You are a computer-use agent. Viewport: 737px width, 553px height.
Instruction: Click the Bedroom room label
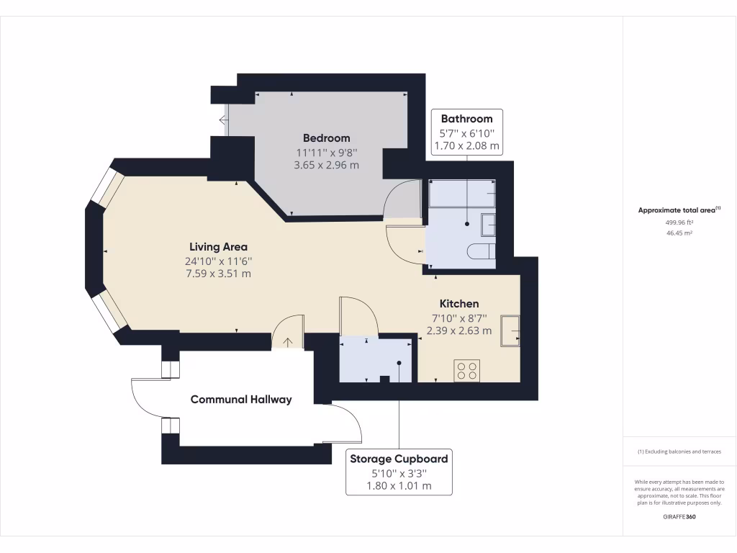[326, 138]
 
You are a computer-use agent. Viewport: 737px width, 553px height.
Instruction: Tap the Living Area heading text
[218, 247]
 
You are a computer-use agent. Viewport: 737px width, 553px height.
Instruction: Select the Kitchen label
[459, 304]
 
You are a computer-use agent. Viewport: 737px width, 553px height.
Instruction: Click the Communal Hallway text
[241, 400]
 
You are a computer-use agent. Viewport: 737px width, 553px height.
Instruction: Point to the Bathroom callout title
[466, 119]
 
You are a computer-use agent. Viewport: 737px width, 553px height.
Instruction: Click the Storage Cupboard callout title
[399, 459]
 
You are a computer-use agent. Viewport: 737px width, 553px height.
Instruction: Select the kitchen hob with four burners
[466, 370]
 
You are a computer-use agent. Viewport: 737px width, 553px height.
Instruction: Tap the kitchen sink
[510, 331]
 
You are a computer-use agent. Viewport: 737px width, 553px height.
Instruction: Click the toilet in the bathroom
[481, 251]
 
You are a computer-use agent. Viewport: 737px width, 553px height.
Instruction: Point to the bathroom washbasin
[489, 225]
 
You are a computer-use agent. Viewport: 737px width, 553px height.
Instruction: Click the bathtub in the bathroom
[462, 193]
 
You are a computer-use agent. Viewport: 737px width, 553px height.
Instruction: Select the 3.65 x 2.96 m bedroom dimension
[326, 166]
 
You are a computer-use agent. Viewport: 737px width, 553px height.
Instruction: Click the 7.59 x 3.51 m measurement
[218, 274]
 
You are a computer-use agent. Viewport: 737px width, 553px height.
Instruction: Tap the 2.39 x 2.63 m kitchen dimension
[459, 331]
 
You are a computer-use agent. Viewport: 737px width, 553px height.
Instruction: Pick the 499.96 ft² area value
[679, 223]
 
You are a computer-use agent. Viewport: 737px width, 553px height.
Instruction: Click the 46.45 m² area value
[679, 233]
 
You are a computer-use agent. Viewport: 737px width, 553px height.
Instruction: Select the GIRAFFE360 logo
[679, 517]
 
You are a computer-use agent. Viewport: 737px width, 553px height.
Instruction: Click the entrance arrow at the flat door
[288, 342]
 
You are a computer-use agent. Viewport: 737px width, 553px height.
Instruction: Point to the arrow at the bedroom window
[224, 120]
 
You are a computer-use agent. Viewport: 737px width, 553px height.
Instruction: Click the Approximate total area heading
[679, 210]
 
